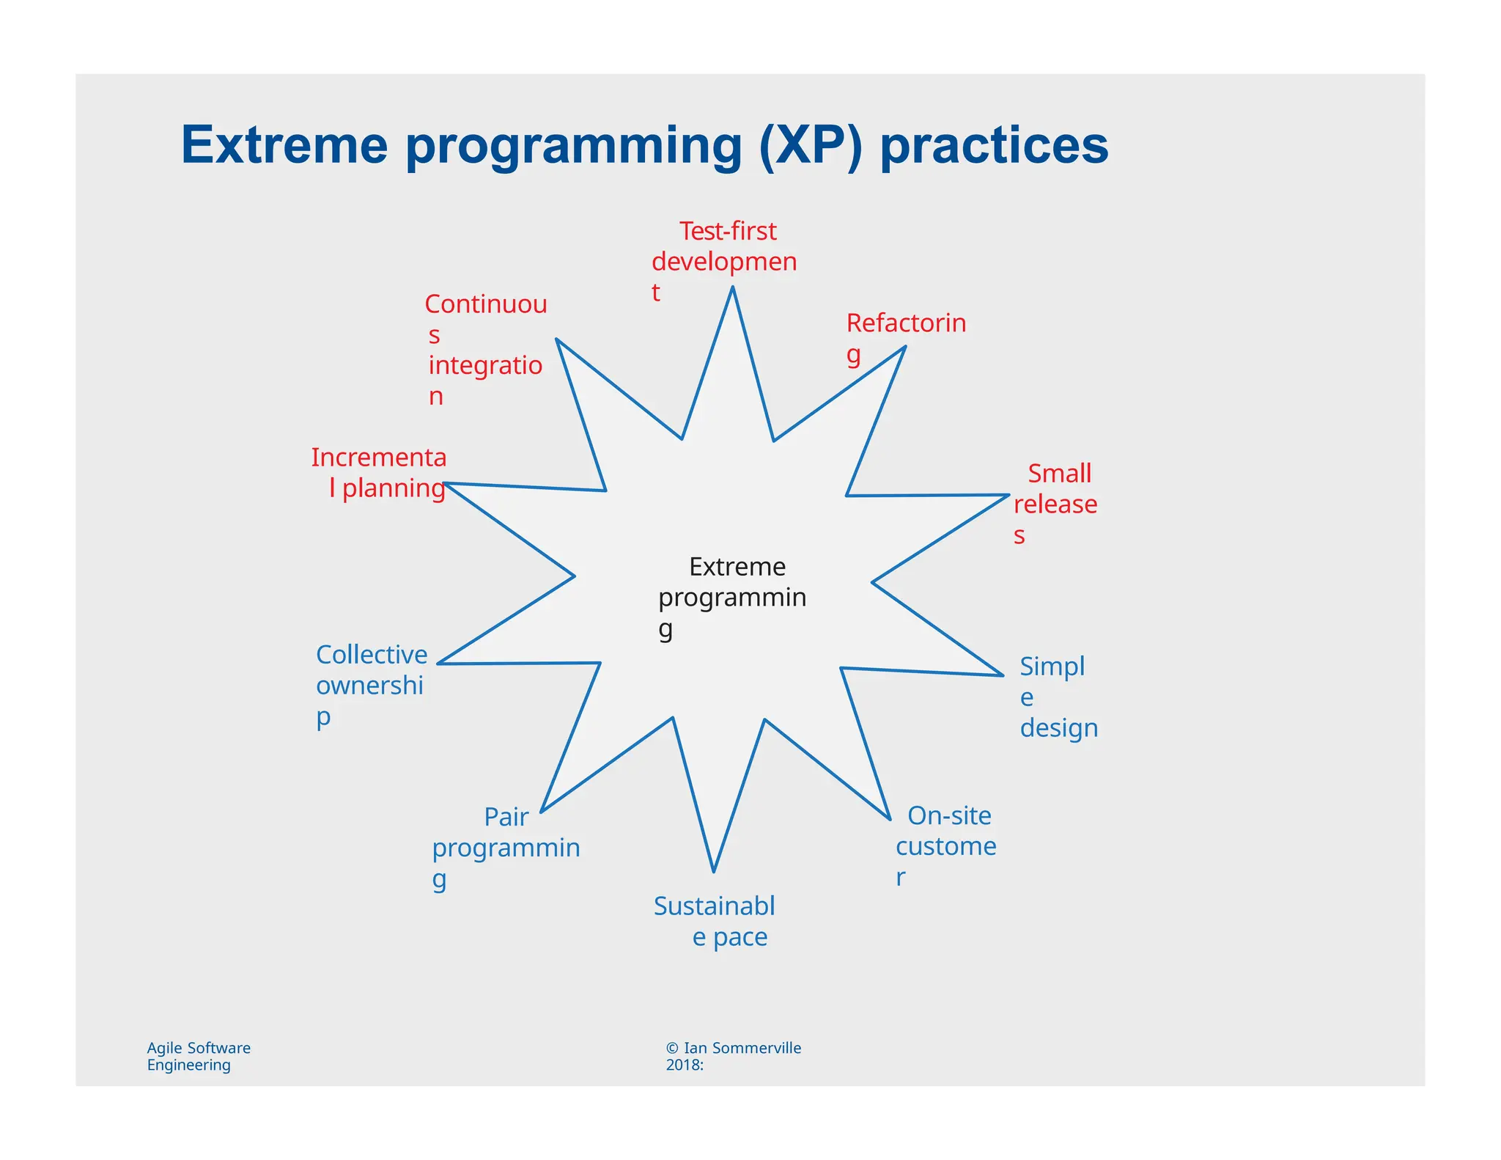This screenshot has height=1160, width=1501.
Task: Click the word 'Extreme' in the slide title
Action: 284,145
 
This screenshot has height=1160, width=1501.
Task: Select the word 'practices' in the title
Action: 994,145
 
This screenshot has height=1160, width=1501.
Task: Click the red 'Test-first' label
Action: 727,231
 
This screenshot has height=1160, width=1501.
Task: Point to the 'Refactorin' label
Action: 906,323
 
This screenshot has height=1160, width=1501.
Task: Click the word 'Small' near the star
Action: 1059,473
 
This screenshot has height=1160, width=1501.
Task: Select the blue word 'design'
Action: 1058,727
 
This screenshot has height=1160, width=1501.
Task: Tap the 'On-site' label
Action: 949,815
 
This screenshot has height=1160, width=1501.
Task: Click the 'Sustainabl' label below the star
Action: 714,906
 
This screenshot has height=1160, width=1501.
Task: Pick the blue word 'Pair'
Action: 506,817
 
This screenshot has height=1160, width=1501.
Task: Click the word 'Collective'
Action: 372,654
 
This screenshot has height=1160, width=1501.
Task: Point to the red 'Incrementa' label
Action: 378,458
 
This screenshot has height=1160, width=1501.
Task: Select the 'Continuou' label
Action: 486,304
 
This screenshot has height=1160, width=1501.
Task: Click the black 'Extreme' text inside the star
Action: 737,567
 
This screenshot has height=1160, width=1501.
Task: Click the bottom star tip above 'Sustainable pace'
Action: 713,871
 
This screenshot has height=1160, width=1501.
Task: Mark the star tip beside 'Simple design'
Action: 1002,675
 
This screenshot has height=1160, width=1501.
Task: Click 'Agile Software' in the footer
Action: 199,1048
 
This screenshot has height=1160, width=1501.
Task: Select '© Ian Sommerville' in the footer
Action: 733,1048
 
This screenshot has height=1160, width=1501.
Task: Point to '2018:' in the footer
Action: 685,1065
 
